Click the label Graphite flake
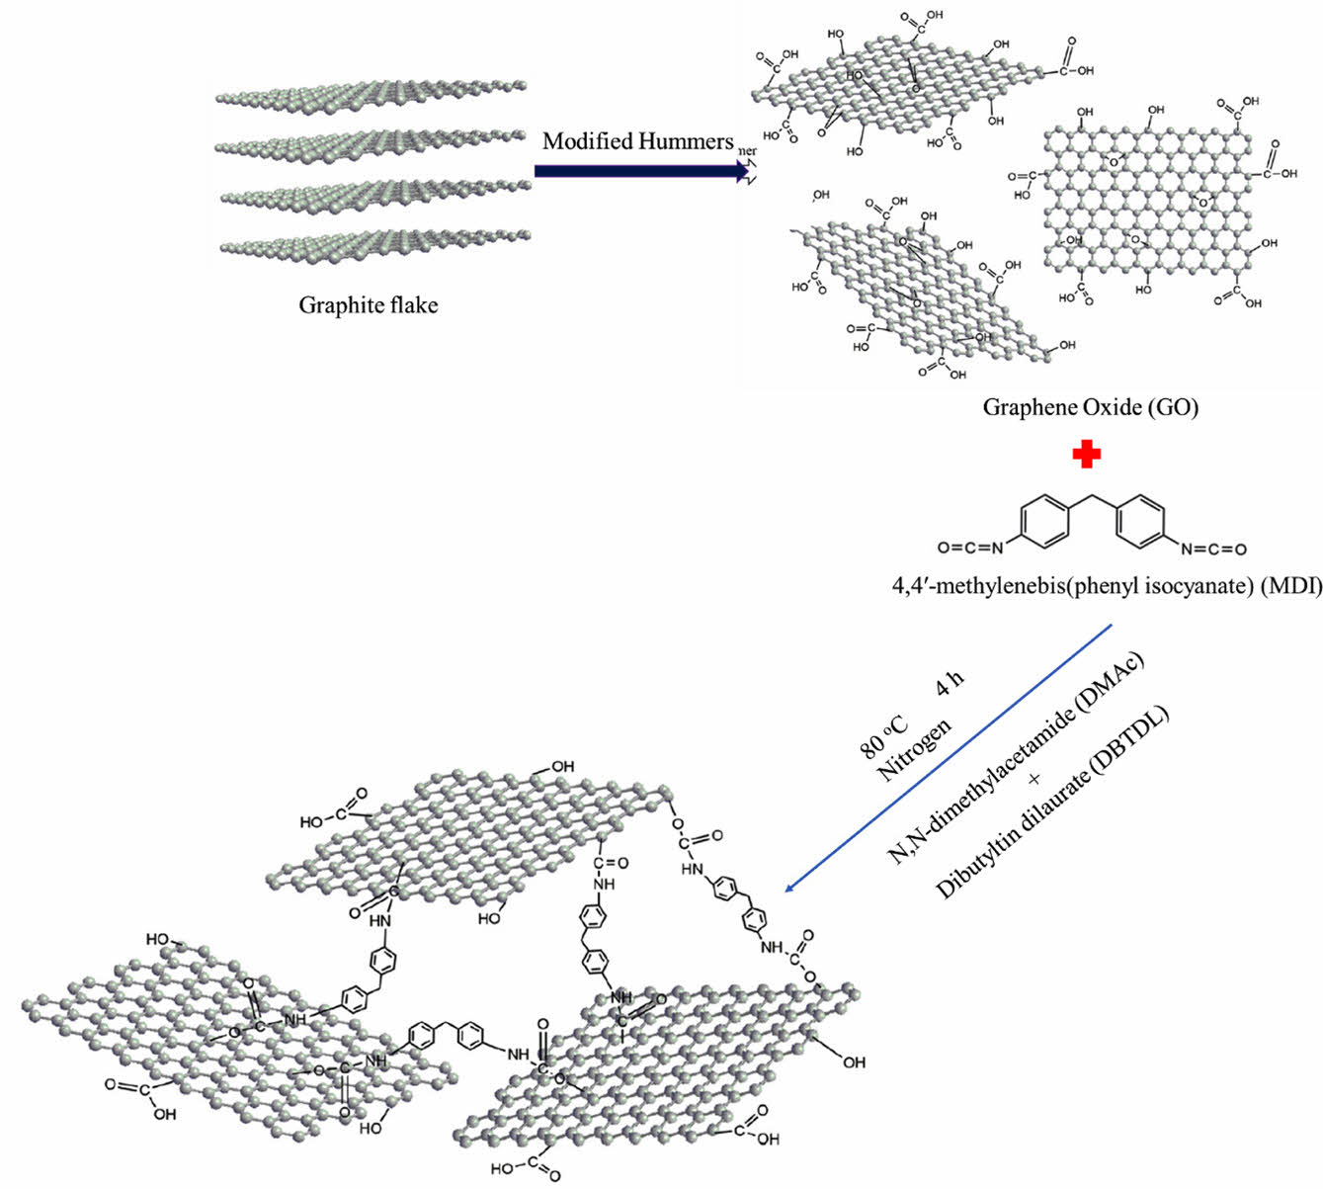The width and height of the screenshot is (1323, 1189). coord(368,304)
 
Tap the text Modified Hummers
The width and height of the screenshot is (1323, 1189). coord(637,141)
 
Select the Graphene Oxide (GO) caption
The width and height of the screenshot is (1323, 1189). coord(1090,406)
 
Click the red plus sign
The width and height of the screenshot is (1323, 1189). coord(1087,454)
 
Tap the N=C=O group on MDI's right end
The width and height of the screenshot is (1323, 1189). coord(1213,548)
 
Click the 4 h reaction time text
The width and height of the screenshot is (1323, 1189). coord(950,684)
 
